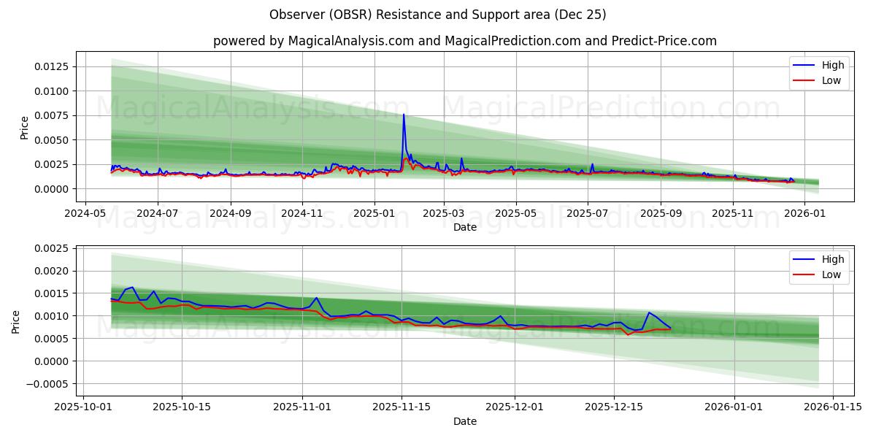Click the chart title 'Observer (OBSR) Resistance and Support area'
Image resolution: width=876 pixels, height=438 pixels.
437,15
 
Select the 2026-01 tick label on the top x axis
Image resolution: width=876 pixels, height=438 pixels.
804,214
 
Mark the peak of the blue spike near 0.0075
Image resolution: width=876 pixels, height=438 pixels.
404,115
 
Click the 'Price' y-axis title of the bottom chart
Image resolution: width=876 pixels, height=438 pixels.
16,321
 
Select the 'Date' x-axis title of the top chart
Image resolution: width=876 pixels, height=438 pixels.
464,227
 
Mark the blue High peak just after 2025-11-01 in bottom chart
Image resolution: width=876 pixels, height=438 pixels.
316,298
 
